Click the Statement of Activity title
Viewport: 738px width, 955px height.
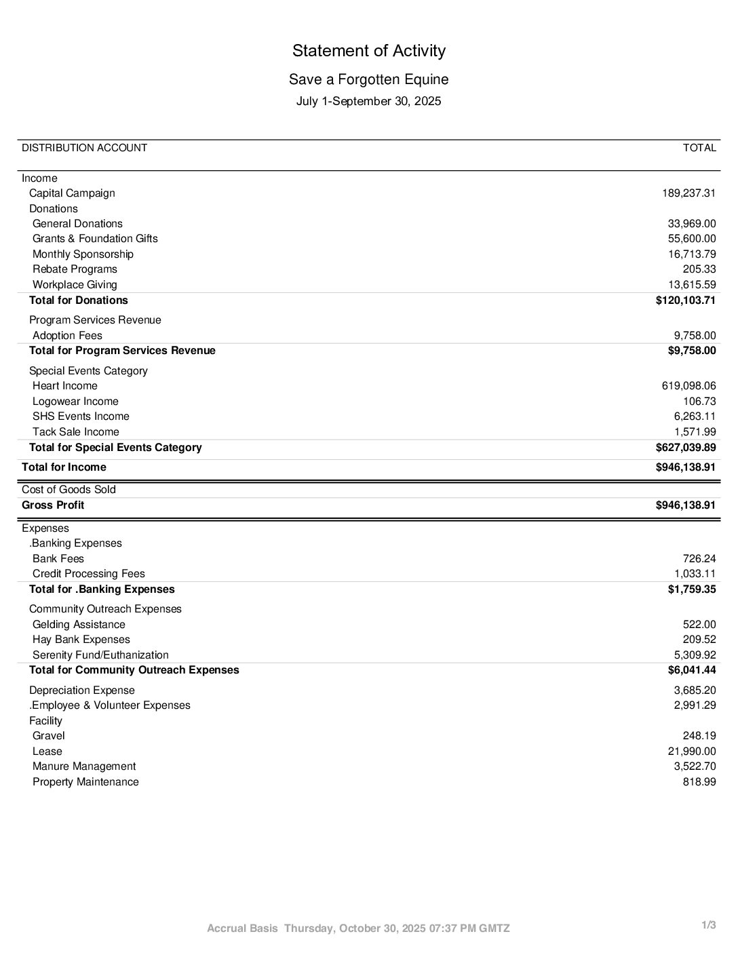(368, 51)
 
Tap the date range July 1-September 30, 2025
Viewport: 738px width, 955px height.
(368, 101)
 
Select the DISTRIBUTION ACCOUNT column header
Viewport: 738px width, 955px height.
(84, 148)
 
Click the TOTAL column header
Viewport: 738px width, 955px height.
(699, 148)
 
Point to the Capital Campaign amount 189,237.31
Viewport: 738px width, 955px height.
(688, 193)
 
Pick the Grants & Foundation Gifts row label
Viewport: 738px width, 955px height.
(95, 239)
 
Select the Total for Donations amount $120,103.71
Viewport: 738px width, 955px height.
(685, 300)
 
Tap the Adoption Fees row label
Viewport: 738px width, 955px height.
(67, 336)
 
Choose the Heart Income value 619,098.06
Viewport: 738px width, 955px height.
(688, 386)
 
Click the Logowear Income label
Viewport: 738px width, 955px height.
(75, 402)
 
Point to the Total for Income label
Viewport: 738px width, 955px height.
(64, 467)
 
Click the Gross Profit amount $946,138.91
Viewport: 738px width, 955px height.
(685, 505)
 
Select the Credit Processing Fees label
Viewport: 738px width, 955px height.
(88, 574)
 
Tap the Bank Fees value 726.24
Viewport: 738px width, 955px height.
(699, 559)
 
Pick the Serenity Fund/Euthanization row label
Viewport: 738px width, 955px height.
(100, 655)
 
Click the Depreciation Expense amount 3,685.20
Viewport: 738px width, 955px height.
(695, 690)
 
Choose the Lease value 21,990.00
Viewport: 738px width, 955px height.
(692, 752)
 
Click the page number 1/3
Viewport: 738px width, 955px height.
(708, 925)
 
